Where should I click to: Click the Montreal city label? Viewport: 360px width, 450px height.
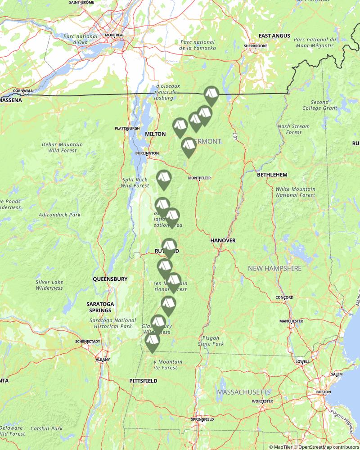click(114, 35)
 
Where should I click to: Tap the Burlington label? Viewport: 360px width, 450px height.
click(147, 153)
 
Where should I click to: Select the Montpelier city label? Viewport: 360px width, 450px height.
click(199, 178)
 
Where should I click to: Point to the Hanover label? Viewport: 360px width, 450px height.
click(223, 240)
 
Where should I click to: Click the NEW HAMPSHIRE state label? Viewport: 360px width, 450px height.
click(274, 268)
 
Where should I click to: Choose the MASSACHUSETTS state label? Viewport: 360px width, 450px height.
click(244, 392)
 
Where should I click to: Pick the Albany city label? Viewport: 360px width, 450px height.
click(103, 360)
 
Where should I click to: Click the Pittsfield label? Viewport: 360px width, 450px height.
click(143, 381)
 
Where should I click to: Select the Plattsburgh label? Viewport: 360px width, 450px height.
click(127, 128)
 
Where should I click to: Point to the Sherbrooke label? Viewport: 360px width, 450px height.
click(255, 46)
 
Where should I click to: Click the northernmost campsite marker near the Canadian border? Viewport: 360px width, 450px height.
click(211, 94)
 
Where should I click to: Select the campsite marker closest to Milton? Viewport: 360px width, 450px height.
click(180, 126)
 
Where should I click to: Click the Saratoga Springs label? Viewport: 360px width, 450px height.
click(100, 307)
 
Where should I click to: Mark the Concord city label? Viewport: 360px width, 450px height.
click(284, 297)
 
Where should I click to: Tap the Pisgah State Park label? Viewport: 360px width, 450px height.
click(211, 340)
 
